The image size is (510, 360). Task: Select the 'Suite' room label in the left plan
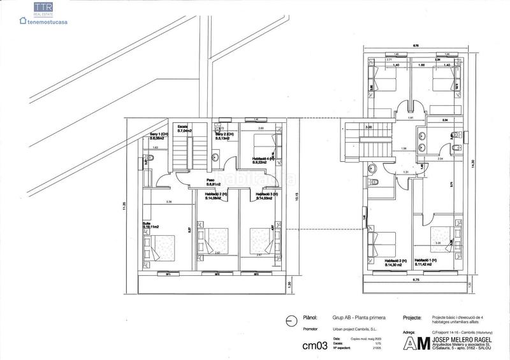pyautogui.click(x=147, y=223)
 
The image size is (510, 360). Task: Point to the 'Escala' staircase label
pyautogui.click(x=183, y=126)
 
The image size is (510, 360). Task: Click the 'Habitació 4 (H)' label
pyautogui.click(x=263, y=159)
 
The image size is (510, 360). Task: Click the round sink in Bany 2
pyautogui.click(x=216, y=158)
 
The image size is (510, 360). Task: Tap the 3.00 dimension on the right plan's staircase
pyautogui.click(x=368, y=127)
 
